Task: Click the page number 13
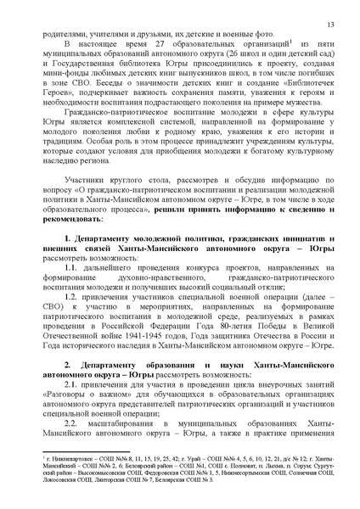click(329, 13)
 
